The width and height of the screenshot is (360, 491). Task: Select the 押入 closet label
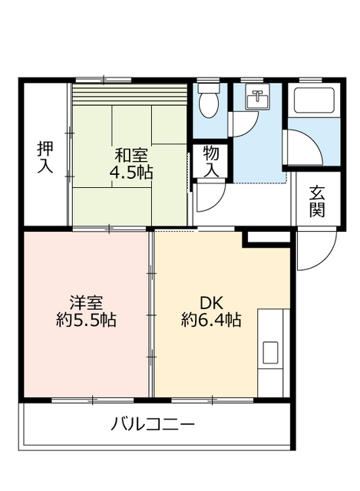coord(45,157)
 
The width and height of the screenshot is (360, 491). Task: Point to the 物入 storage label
coord(212,161)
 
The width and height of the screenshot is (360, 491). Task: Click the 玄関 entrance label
coord(318,201)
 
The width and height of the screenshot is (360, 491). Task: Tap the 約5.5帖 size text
coord(86,321)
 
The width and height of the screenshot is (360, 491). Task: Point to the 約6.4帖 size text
coord(211,321)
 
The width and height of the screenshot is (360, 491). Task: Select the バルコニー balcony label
coord(153,423)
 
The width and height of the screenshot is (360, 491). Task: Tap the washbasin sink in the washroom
coord(257,99)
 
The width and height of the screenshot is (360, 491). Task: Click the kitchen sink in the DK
coord(271,353)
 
